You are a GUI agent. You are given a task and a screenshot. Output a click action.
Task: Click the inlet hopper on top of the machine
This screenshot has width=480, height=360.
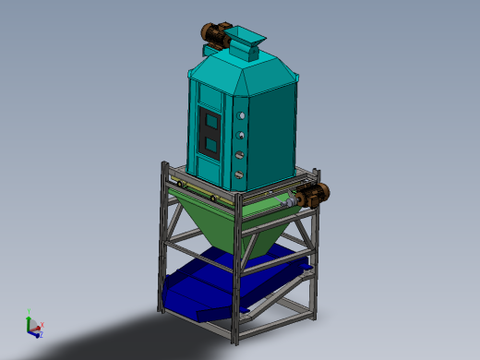tap(247, 41)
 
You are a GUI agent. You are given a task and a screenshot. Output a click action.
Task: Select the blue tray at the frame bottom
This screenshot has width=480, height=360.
tap(222, 286)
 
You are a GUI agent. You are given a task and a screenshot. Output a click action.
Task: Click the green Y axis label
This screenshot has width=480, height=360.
tap(30, 311)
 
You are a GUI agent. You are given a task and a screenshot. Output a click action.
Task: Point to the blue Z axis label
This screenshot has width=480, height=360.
tap(40, 334)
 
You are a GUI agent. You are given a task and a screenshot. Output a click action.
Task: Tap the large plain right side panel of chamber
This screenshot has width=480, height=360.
tap(275, 129)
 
